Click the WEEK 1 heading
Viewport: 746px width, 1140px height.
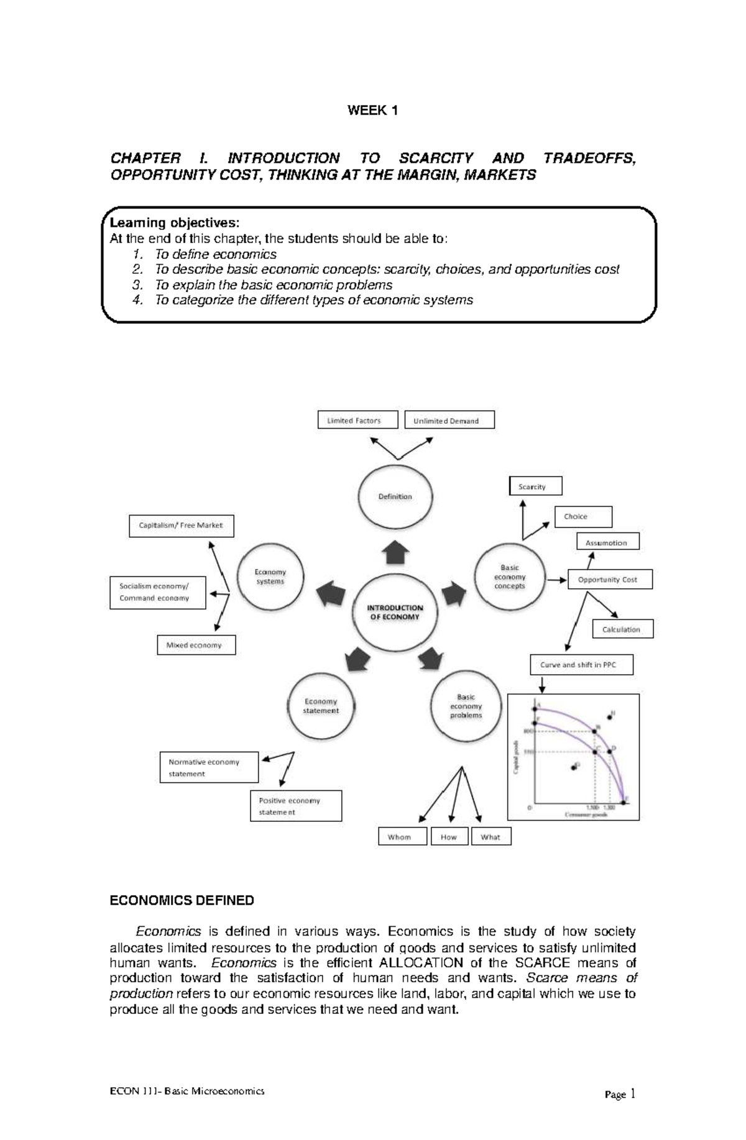pos(372,111)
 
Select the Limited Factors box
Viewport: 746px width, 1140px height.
pos(357,420)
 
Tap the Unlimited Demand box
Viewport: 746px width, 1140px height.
pos(449,421)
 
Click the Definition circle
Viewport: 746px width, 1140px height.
pos(395,496)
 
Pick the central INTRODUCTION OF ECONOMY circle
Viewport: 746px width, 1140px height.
pos(395,613)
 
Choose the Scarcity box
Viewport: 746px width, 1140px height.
pos(535,486)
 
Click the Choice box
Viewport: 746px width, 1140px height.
pos(583,516)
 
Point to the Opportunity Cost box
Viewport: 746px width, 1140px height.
pos(610,579)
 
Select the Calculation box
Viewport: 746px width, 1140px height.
pos(623,629)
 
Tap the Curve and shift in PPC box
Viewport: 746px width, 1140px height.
pos(581,664)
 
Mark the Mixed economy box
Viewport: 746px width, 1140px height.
pos(196,645)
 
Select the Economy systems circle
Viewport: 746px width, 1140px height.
pos(270,577)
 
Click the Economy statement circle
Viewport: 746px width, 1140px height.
pos(321,706)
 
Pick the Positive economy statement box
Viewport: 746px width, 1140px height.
pos(296,806)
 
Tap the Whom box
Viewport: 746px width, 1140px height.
pos(402,837)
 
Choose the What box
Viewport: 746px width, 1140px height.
pos(491,837)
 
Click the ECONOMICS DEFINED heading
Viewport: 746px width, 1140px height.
pos(182,900)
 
